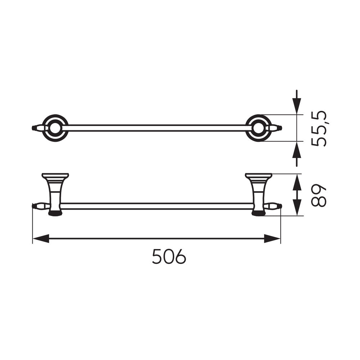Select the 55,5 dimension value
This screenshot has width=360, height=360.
(x=319, y=129)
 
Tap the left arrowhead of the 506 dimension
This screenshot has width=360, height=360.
(x=41, y=239)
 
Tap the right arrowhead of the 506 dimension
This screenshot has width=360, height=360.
(x=272, y=239)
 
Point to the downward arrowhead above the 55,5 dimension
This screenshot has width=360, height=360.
(x=297, y=106)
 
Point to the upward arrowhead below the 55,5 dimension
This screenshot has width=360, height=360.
(x=297, y=149)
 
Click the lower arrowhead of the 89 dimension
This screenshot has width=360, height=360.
(x=297, y=208)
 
